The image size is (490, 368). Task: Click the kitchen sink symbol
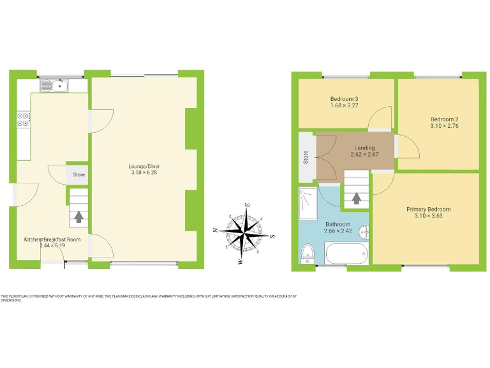coord(54,85)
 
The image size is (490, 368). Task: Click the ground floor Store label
coord(78,174)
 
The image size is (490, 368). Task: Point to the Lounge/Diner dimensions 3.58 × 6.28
coord(143,172)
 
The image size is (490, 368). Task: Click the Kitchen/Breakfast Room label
coord(53,239)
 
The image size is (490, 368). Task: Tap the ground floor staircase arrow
coord(78,217)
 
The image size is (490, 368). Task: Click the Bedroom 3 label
coord(344,98)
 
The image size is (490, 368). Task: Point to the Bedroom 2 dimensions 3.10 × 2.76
coord(445,127)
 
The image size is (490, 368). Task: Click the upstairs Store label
coord(306,157)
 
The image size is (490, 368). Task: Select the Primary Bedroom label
coord(429,210)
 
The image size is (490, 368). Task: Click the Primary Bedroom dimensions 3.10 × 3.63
coord(429,217)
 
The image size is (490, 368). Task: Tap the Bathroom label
coord(338,224)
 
